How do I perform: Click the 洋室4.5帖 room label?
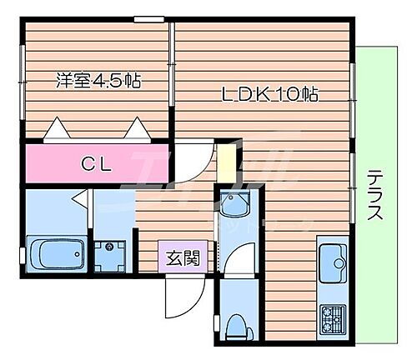(x=98, y=82)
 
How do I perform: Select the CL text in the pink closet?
(x=97, y=162)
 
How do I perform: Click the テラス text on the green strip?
(x=375, y=193)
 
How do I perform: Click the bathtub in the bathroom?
(x=56, y=252)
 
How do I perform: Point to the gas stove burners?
(x=334, y=317)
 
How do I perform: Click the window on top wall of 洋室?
(x=148, y=19)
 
